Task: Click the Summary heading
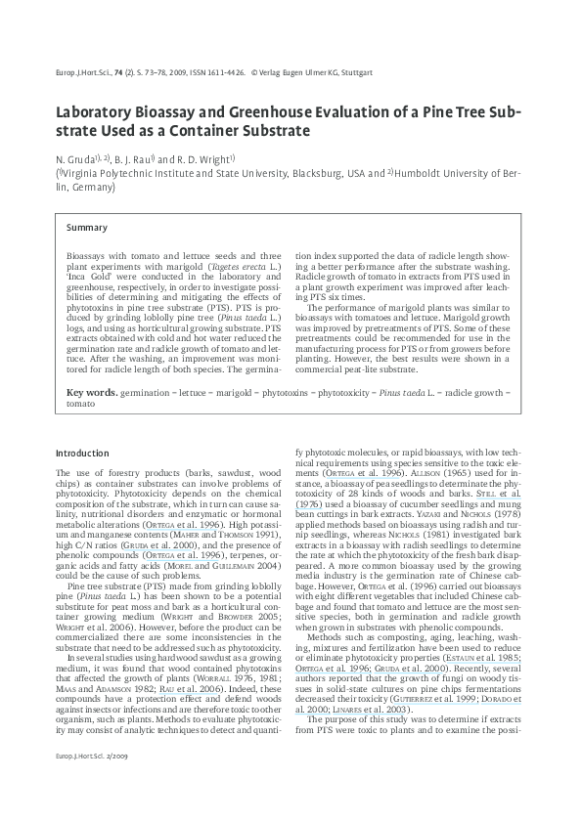click(x=87, y=228)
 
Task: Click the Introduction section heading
click(x=83, y=454)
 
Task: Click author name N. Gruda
click(x=76, y=158)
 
